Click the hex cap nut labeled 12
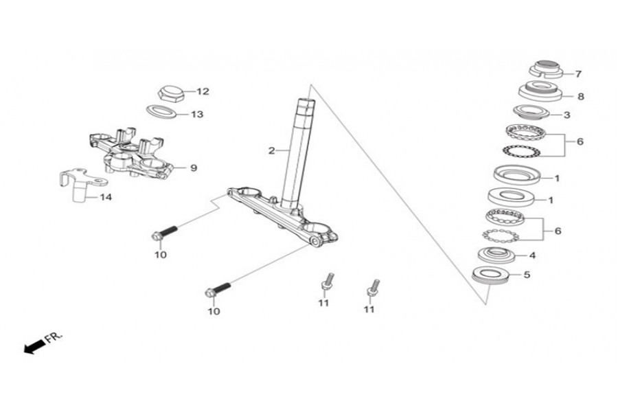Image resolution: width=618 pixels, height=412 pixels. tap(171, 93)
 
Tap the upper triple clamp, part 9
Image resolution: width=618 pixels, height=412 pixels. tap(130, 153)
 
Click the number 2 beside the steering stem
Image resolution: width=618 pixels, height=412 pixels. tap(271, 150)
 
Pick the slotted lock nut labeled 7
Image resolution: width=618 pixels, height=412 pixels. tap(545, 69)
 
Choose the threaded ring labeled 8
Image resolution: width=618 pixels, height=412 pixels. tap(540, 91)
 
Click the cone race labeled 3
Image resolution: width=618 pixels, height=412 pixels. tap(531, 112)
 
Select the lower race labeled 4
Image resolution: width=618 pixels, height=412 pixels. tap(496, 255)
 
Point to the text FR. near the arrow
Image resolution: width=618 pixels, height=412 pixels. tap(54, 337)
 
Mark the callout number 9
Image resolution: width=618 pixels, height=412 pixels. tap(194, 168)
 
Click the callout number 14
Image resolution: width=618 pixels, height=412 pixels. tap(106, 197)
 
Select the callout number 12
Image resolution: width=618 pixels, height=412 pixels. tap(203, 91)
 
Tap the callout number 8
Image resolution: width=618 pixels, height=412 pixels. tap(580, 97)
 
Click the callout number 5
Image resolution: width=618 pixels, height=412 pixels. tap(527, 275)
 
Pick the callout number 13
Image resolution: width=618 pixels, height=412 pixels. tap(197, 115)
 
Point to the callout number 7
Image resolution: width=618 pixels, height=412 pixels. tap(578, 74)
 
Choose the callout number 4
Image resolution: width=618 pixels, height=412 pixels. tap(532, 255)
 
